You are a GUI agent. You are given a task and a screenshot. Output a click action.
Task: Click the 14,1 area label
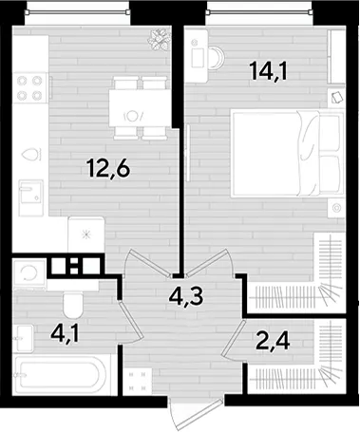[x=269, y=71]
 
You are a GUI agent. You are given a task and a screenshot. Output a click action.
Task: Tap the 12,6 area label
[x=108, y=168]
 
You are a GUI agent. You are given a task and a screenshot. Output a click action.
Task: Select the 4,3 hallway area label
[x=185, y=297]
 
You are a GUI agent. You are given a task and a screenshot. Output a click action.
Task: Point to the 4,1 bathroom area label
[x=65, y=335]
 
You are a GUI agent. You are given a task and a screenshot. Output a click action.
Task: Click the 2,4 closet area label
[x=273, y=341]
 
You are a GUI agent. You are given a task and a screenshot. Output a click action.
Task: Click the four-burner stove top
[x=29, y=87]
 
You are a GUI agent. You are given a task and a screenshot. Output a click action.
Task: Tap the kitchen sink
[x=30, y=197]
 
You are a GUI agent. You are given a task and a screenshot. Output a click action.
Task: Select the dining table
[x=140, y=108]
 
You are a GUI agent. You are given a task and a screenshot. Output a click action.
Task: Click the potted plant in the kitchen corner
[x=160, y=40]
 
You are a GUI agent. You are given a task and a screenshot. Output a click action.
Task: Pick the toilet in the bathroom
[x=73, y=306]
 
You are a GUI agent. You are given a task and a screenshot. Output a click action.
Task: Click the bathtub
[x=62, y=375]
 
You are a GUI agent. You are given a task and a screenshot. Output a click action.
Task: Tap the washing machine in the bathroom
[x=29, y=272]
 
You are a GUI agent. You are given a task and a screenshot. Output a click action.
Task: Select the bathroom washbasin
[x=24, y=339]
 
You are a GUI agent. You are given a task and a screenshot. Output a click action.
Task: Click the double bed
[x=287, y=154]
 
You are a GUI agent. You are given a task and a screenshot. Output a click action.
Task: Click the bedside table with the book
[x=336, y=98]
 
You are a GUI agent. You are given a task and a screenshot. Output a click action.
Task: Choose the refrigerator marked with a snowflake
[x=86, y=235]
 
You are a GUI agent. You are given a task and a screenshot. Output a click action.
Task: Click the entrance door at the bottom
[x=197, y=413]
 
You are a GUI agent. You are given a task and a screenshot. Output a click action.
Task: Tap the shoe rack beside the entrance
[x=138, y=382]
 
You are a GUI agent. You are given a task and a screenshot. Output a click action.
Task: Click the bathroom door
[x=130, y=321]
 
